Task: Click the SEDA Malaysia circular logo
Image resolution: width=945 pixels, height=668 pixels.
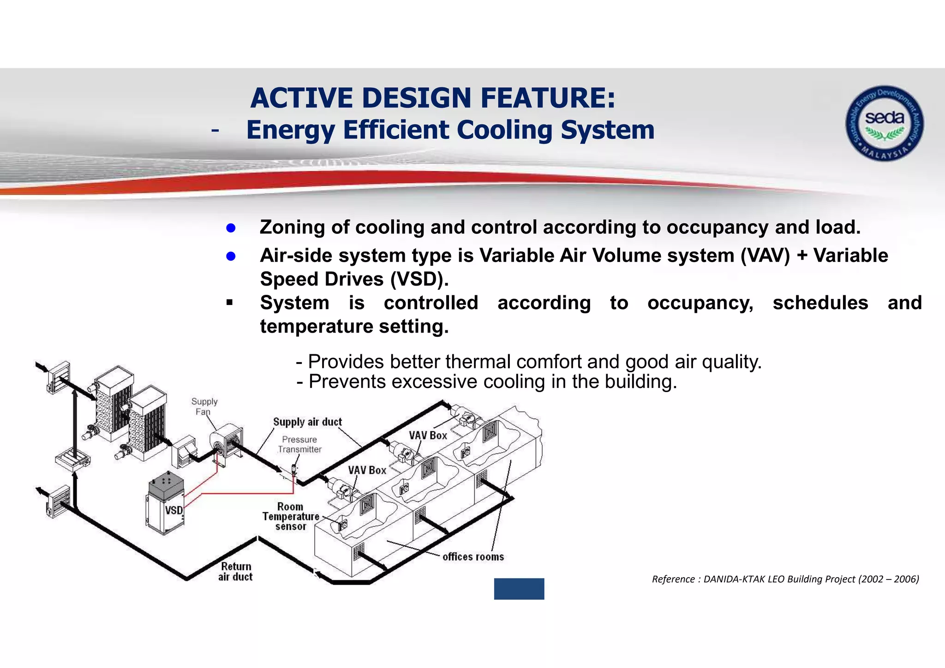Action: [884, 123]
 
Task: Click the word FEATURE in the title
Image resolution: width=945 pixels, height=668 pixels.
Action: [548, 98]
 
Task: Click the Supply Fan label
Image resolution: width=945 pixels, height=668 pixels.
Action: [204, 406]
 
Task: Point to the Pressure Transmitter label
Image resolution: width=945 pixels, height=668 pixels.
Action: [299, 444]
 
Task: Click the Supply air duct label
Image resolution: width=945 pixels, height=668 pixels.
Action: [307, 422]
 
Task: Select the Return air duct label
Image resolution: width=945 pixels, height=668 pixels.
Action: [235, 572]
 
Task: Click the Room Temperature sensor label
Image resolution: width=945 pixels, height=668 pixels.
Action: [290, 517]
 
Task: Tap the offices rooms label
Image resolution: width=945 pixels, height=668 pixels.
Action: [473, 557]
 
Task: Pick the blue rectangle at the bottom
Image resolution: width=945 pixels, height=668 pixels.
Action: [519, 589]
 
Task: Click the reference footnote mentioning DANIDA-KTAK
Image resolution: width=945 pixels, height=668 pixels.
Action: [785, 579]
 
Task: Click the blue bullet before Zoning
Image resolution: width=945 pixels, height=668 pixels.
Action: [231, 228]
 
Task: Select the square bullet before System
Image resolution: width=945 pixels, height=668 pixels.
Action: [229, 303]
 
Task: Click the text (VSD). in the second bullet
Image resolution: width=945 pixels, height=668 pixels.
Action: [419, 280]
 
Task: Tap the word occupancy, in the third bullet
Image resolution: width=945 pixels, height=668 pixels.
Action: [700, 303]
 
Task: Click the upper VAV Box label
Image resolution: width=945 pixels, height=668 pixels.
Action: [428, 435]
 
